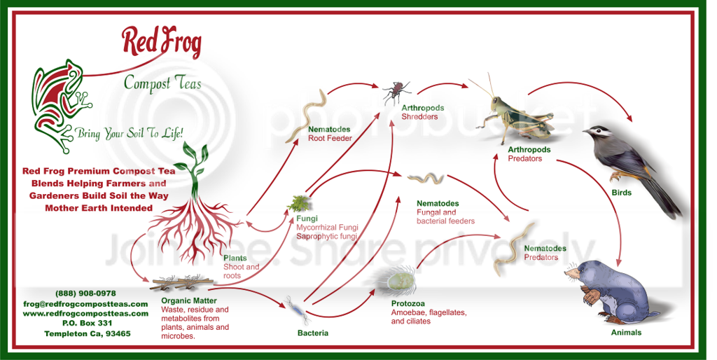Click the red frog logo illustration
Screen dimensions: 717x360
pos(59,105)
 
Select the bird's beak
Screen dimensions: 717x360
pos(587,132)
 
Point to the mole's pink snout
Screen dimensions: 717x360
pos(568,274)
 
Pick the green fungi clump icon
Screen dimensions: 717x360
pos(299,203)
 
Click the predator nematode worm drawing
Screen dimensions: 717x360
pos(515,250)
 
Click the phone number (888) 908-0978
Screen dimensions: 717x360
pos(85,293)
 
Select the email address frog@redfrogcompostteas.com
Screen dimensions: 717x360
pos(85,304)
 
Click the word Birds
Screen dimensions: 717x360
pos(622,193)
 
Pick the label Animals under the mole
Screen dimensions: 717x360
pos(627,333)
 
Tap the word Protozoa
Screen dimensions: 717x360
pos(408,304)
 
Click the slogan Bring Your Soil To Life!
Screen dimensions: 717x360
pos(130,134)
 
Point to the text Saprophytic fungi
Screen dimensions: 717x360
pos(326,237)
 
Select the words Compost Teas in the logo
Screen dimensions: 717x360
pos(162,84)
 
